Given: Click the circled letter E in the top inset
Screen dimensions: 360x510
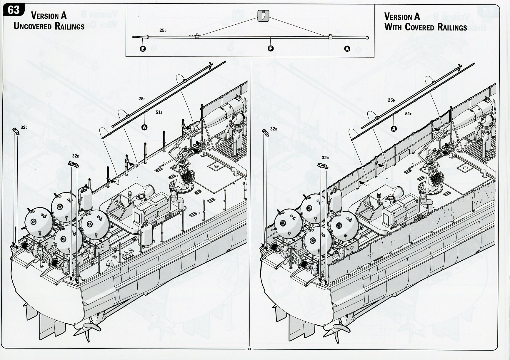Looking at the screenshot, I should (143, 49).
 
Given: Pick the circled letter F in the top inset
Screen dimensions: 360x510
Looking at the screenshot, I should (271, 49).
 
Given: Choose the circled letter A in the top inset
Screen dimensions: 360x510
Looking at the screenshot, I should (347, 49).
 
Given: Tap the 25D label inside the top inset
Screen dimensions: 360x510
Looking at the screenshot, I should (163, 30).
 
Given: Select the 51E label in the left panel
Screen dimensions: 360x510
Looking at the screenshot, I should (159, 112).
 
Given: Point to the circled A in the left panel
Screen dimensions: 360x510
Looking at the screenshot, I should (144, 127).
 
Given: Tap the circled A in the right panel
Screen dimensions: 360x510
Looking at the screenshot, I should (394, 128).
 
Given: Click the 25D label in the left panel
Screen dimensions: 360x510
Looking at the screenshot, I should (142, 99).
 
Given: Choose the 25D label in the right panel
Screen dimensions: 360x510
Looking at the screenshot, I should (391, 100).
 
